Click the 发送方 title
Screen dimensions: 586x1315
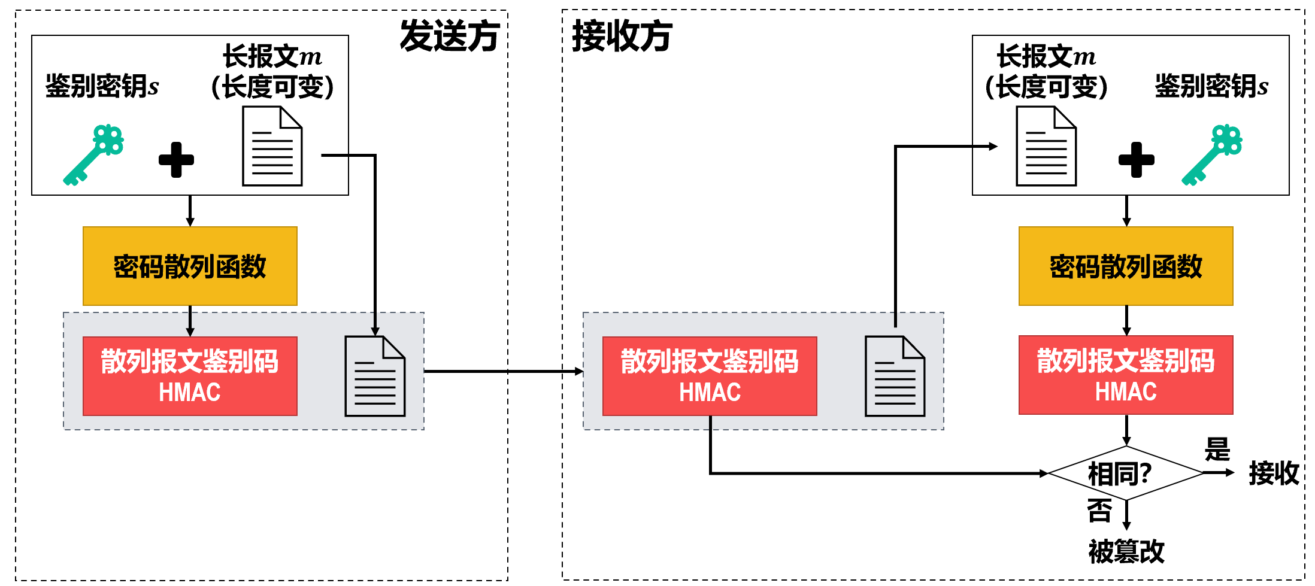pos(449,36)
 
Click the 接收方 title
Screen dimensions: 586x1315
pos(622,36)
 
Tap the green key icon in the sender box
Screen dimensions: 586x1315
pos(94,155)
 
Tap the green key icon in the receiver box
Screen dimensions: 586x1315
pos(1212,155)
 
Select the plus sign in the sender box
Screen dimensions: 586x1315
pos(176,160)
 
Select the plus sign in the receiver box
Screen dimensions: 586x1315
pos(1136,160)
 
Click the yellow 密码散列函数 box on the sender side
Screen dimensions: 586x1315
pos(190,266)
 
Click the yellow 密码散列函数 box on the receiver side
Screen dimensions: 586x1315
pos(1126,266)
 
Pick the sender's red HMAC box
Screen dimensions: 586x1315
pos(190,376)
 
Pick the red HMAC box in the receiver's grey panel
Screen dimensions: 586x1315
pos(710,376)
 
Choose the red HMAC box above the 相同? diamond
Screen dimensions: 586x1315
pos(1126,375)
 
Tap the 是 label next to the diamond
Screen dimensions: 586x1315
pos(1217,449)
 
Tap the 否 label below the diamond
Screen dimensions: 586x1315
pos(1099,511)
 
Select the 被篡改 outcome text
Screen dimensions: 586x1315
pos(1126,551)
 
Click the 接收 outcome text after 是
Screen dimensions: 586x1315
pos(1274,473)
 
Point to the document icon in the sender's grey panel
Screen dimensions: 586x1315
pos(375,377)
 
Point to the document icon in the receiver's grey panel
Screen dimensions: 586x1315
pos(895,377)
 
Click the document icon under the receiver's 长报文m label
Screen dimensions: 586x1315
pos(1046,146)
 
